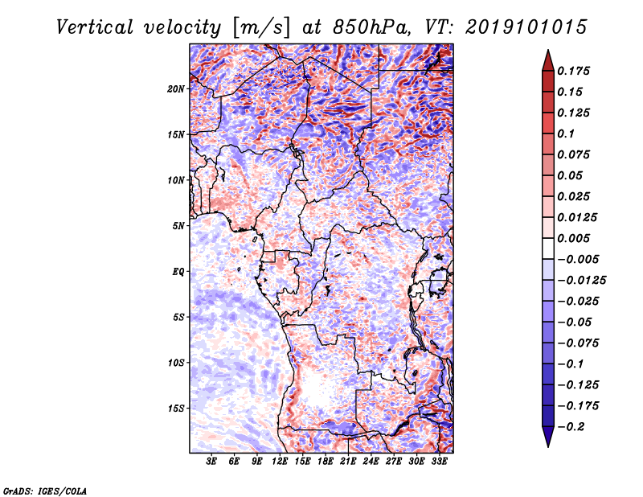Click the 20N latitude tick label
176,89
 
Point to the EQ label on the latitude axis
178,272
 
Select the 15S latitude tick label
176,409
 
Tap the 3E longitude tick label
211,462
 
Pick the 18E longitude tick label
326,462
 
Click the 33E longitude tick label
439,462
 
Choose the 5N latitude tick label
178,226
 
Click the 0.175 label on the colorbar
573,71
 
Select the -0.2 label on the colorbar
571,427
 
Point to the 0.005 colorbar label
573,238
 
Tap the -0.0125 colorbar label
581,281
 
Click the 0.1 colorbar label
566,133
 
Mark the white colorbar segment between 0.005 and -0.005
548,249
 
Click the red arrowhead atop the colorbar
548,61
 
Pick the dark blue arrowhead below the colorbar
548,437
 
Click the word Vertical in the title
95,27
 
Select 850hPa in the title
372,27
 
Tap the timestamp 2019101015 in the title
526,27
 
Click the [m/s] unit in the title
261,28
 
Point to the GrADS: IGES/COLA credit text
45,491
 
